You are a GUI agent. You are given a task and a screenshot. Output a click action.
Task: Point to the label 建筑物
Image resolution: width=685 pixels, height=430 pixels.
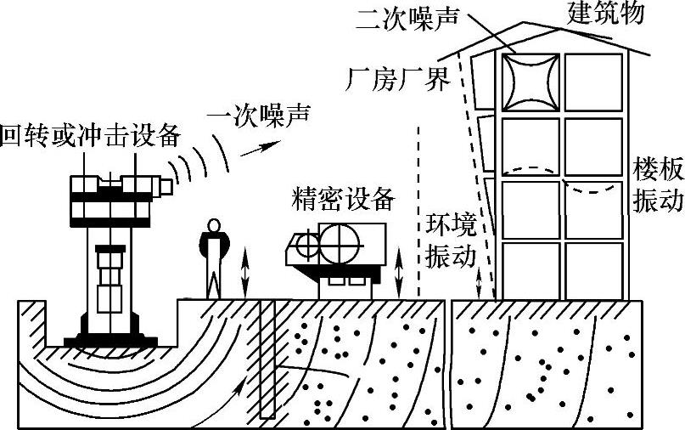tap(605, 13)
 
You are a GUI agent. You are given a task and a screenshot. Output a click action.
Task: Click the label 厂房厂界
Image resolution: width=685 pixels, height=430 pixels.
tap(396, 78)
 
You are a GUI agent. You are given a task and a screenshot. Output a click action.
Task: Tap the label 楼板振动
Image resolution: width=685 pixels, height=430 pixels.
tap(658, 185)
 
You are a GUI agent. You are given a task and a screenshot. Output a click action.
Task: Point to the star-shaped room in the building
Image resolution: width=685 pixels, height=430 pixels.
tap(531, 82)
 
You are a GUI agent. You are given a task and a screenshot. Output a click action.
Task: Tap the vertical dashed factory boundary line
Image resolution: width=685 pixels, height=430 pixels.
tap(418, 212)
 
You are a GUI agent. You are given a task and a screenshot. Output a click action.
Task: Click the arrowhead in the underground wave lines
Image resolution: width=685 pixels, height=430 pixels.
tap(245, 387)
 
